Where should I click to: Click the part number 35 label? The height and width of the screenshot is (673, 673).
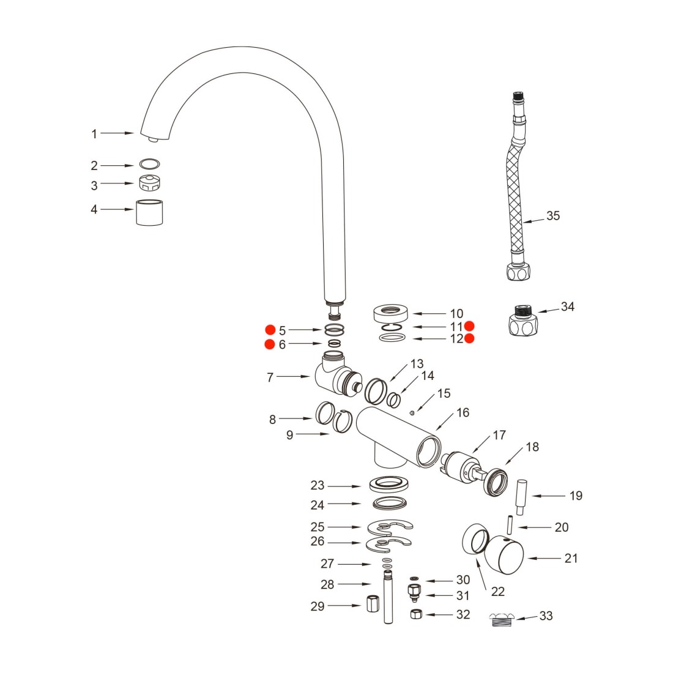552,216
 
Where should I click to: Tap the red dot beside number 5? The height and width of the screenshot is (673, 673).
269,329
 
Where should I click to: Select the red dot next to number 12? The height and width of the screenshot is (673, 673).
469,338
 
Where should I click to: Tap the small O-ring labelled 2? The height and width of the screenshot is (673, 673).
149,164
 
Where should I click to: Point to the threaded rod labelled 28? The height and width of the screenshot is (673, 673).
388,597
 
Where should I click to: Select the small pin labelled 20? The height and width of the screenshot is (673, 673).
508,526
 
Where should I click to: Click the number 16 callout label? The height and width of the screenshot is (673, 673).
463,413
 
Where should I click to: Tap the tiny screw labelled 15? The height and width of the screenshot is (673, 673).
412,412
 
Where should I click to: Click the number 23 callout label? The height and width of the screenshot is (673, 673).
317,486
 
